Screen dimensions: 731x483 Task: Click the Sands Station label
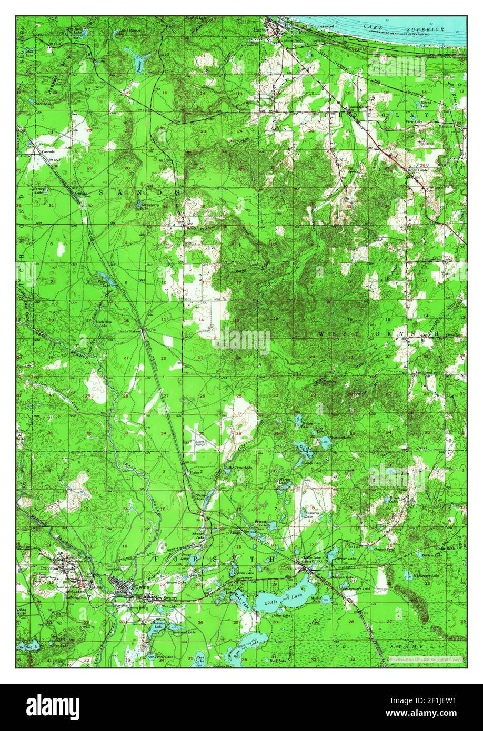click(x=129, y=331)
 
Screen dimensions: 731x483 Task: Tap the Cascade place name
click(x=49, y=151)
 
